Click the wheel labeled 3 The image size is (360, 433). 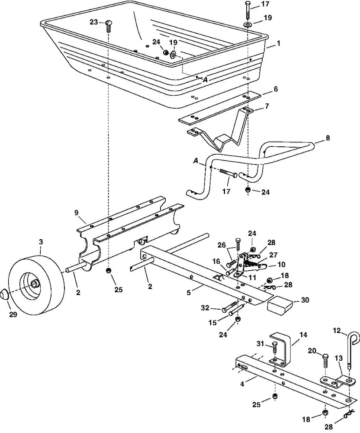pyautogui.click(x=36, y=286)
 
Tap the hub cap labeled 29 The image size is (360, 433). pyautogui.click(x=5, y=294)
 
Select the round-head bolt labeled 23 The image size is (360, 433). pyautogui.click(x=109, y=26)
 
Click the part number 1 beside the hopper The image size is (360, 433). pyautogui.click(x=278, y=43)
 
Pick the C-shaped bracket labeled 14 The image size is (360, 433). pyautogui.click(x=280, y=349)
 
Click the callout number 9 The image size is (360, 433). pyautogui.click(x=77, y=213)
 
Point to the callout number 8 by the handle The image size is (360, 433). pyautogui.click(x=328, y=138)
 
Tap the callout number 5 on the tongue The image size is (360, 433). pyautogui.click(x=189, y=292)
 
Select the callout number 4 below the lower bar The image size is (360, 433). pyautogui.click(x=242, y=384)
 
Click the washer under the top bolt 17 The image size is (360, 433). pyautogui.click(x=247, y=25)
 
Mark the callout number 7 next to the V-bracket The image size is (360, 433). pyautogui.click(x=267, y=106)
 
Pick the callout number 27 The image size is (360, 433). pyautogui.click(x=273, y=255)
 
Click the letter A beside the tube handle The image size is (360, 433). pyautogui.click(x=196, y=161)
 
